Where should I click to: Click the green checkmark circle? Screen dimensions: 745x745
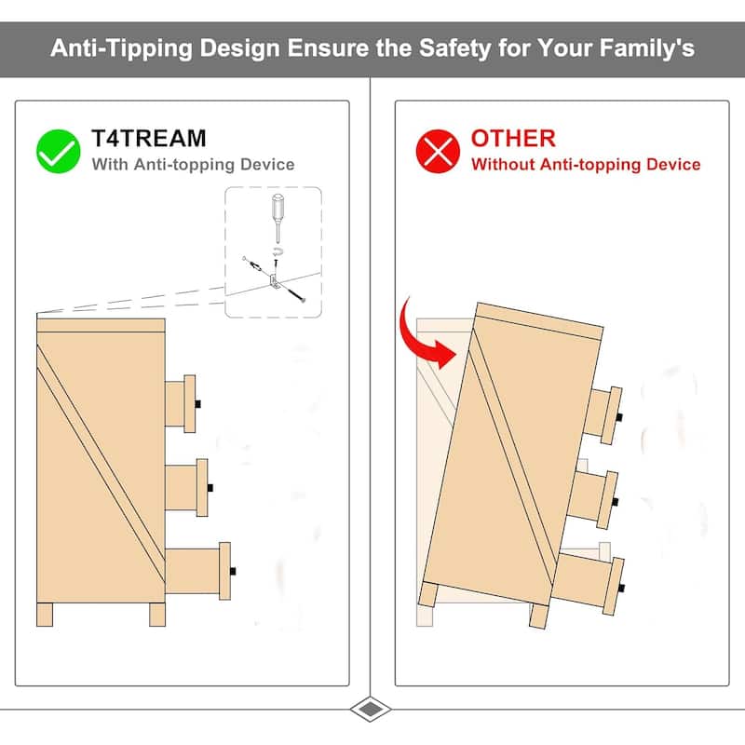pyautogui.click(x=58, y=151)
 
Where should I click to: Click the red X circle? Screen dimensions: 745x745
pyautogui.click(x=438, y=151)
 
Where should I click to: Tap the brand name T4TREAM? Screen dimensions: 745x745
pyautogui.click(x=149, y=138)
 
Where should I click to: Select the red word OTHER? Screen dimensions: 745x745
pyautogui.click(x=513, y=138)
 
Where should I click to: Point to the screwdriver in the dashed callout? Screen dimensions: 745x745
pyautogui.click(x=278, y=218)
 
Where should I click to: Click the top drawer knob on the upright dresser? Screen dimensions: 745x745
pyautogui.click(x=198, y=404)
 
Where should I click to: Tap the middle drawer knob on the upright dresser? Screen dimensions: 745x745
pyautogui.click(x=210, y=487)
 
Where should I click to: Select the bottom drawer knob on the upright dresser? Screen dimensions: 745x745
pyautogui.click(x=233, y=571)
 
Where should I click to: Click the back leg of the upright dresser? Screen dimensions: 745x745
pyautogui.click(x=45, y=615)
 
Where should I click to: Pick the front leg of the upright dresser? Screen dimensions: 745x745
pyautogui.click(x=157, y=615)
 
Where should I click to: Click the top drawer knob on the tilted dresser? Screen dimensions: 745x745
pyautogui.click(x=619, y=417)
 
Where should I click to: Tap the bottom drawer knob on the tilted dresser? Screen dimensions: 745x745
pyautogui.click(x=621, y=589)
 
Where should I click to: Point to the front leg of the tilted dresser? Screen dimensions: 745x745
pyautogui.click(x=539, y=616)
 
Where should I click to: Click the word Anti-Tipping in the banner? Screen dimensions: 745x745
pyautogui.click(x=121, y=48)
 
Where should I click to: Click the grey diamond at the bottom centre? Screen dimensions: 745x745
pyautogui.click(x=371, y=710)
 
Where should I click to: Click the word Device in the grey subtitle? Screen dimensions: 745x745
pyautogui.click(x=267, y=165)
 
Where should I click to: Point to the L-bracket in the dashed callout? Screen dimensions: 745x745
pyautogui.click(x=274, y=281)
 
